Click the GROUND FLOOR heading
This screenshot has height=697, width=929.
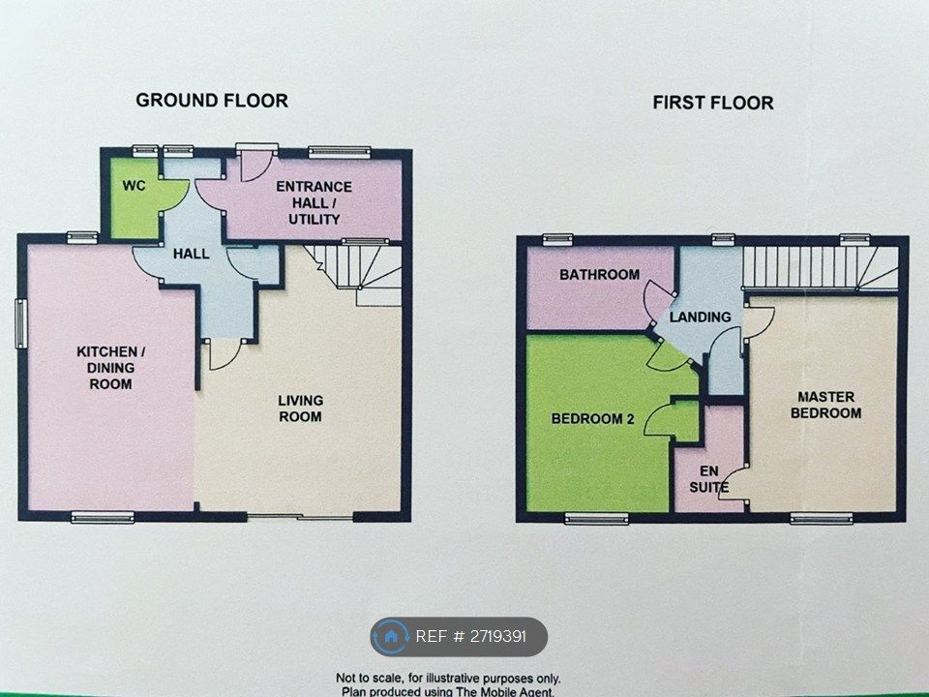211,100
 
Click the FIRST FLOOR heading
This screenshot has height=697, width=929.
712,103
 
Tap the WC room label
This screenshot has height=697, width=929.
134,185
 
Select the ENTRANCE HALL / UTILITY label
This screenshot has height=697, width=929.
314,202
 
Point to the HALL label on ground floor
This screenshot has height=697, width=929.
192,254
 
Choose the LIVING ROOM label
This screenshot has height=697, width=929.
300,409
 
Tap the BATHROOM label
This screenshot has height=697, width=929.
599,275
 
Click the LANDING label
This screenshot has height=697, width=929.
701,317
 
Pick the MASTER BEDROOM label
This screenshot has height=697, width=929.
825,405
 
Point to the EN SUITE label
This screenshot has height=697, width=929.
709,480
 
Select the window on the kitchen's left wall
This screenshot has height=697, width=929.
19,322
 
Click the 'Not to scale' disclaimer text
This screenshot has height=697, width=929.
447,679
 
